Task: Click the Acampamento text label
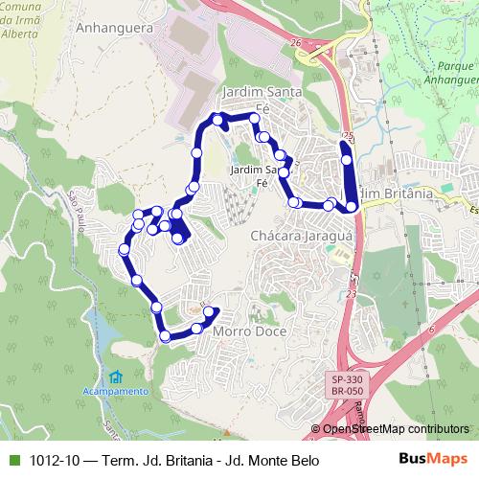[x=115, y=391]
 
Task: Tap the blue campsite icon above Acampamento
[x=115, y=376]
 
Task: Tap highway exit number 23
[x=352, y=296]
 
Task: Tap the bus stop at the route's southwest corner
[x=166, y=335]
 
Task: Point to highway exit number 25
[x=347, y=136]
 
